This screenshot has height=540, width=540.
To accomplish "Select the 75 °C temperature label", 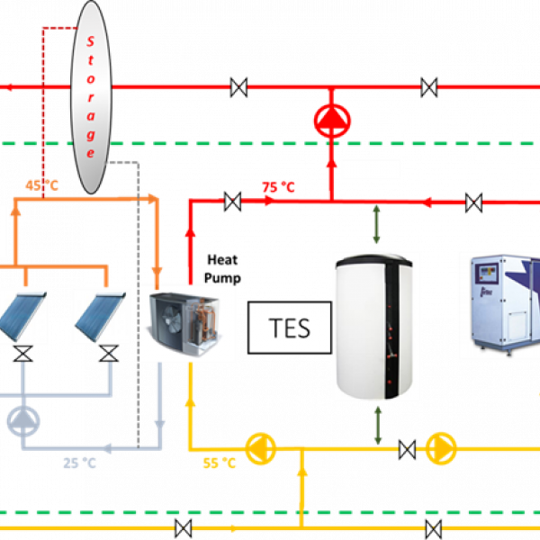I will [278, 187].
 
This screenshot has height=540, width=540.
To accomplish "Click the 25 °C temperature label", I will [79, 463].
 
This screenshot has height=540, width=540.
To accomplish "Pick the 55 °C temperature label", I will [219, 463].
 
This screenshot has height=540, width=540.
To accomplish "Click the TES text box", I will [290, 328].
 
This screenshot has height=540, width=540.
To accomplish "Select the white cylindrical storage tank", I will [376, 326].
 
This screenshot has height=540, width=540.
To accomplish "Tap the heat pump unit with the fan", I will [186, 323].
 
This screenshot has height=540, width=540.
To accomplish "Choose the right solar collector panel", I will [102, 316].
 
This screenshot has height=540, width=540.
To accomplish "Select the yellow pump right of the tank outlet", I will [440, 446].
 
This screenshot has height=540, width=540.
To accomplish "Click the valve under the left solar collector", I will [23, 354].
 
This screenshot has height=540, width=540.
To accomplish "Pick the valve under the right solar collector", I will [109, 354].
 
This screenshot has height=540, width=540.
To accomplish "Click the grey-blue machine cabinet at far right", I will [499, 306].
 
